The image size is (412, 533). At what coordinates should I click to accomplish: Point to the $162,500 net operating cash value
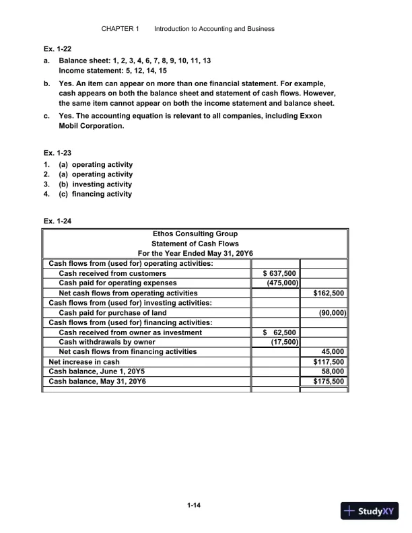point(329,293)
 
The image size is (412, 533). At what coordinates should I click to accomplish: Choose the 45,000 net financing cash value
point(334,351)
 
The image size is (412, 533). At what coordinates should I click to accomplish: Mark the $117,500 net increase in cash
point(329,361)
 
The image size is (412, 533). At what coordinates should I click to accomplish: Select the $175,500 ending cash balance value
point(329,381)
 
